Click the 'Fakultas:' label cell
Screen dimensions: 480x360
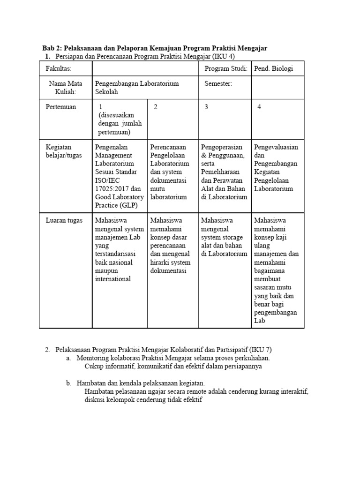(x=59, y=69)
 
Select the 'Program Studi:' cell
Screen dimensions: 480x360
(x=226, y=69)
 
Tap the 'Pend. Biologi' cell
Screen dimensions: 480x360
(x=273, y=69)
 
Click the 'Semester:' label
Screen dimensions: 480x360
(x=218, y=83)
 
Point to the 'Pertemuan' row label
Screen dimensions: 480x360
(x=60, y=107)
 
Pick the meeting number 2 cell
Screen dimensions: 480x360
(x=155, y=107)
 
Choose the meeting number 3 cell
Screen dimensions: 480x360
(x=206, y=107)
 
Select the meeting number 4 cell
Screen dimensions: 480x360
(x=259, y=107)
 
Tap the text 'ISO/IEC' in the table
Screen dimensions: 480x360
(x=107, y=180)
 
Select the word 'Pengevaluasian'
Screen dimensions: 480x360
(x=276, y=147)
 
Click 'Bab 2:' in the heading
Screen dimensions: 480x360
(x=52, y=48)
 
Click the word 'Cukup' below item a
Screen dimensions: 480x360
(x=93, y=367)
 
